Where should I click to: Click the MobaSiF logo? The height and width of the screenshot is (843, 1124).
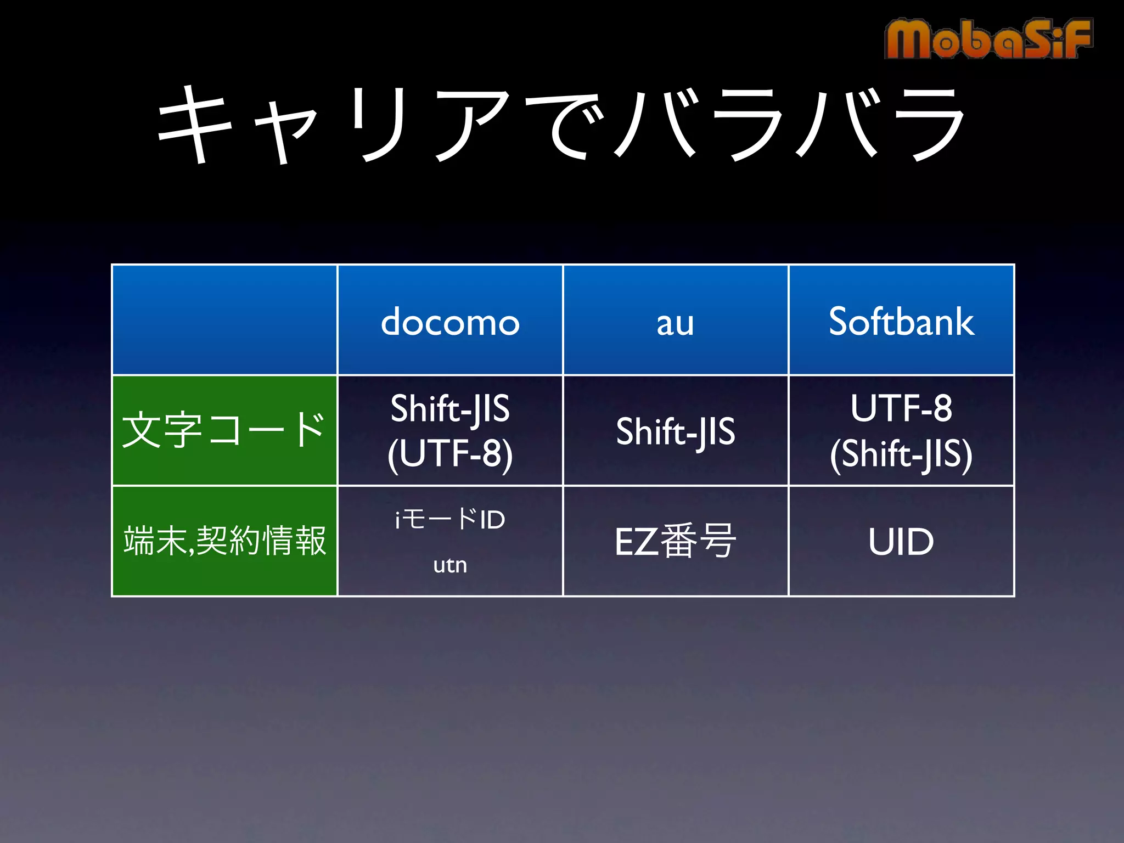pos(988,38)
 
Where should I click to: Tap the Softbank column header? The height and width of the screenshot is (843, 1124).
pos(901,322)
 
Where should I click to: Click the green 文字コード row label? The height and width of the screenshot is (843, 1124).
pos(224,430)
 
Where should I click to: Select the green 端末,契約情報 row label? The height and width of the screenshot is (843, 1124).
pos(224,541)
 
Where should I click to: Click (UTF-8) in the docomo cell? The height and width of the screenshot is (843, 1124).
pos(450,454)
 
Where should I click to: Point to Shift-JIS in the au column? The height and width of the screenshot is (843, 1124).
pos(675,431)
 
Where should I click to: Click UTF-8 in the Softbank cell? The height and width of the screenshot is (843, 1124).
pos(901,408)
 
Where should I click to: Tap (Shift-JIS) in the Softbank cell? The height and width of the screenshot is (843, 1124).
pos(901,454)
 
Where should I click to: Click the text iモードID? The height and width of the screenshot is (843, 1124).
pos(450,519)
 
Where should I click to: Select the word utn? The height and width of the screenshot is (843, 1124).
pos(450,565)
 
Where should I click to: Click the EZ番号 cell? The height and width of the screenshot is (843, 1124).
pos(675,541)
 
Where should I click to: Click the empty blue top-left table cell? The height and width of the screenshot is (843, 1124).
pos(224,320)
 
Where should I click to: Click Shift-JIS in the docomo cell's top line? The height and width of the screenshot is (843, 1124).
pos(450,408)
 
